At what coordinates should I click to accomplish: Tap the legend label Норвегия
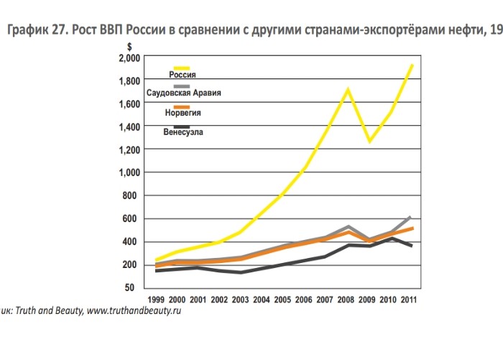tap(183, 114)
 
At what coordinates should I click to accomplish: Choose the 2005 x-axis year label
tap(283, 298)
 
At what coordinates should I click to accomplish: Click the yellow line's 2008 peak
tap(347, 90)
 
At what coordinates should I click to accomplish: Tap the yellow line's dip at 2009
tap(369, 141)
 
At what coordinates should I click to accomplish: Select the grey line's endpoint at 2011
tap(410, 216)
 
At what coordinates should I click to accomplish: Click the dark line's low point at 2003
tap(241, 272)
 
